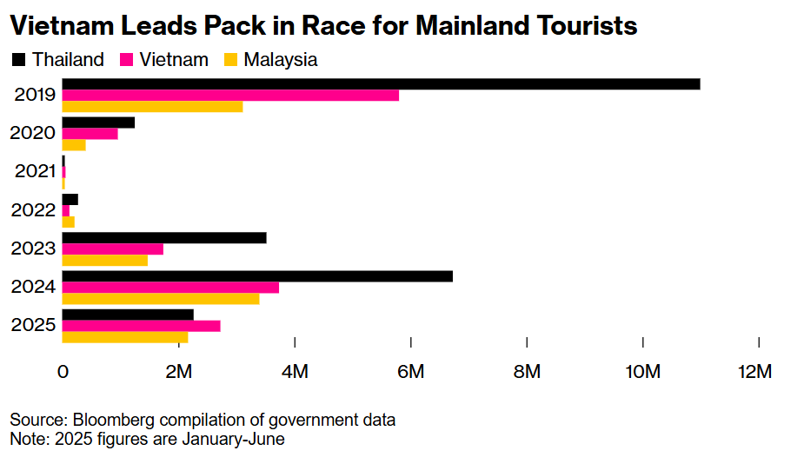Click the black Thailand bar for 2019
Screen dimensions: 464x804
[x=381, y=83]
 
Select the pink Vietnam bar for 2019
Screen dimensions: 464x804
[x=230, y=95]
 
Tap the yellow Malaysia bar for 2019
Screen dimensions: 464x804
[x=152, y=106]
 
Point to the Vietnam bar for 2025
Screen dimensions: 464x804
[x=141, y=326]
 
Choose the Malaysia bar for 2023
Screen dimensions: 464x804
[x=104, y=260]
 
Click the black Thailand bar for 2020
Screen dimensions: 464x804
[x=98, y=123]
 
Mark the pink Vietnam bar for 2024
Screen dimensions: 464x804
[x=170, y=288]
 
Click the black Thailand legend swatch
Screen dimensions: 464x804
[x=18, y=60]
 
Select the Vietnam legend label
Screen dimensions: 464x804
[x=173, y=60]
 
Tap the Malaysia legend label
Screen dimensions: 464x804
[x=280, y=60]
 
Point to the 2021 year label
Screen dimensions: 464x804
[x=36, y=171]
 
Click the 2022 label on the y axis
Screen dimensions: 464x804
[x=36, y=209]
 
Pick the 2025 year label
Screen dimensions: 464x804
[x=36, y=326]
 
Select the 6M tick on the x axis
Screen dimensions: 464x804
[x=410, y=372]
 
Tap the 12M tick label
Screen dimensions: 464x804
[x=754, y=372]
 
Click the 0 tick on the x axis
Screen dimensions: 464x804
[x=63, y=372]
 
